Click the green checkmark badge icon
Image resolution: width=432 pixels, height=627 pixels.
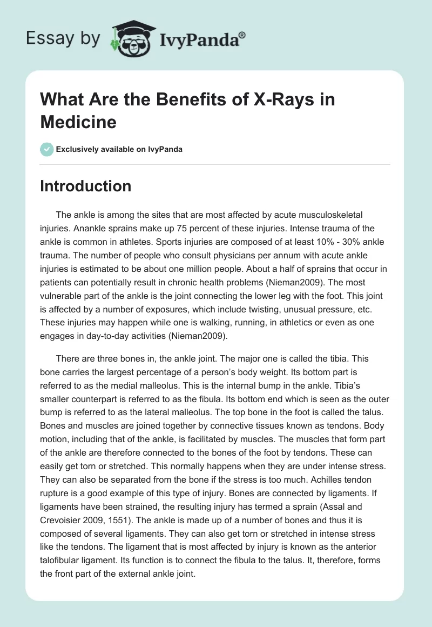[46, 149]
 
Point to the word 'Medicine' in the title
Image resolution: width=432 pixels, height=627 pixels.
[78, 122]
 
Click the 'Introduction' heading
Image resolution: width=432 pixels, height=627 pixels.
[86, 186]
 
